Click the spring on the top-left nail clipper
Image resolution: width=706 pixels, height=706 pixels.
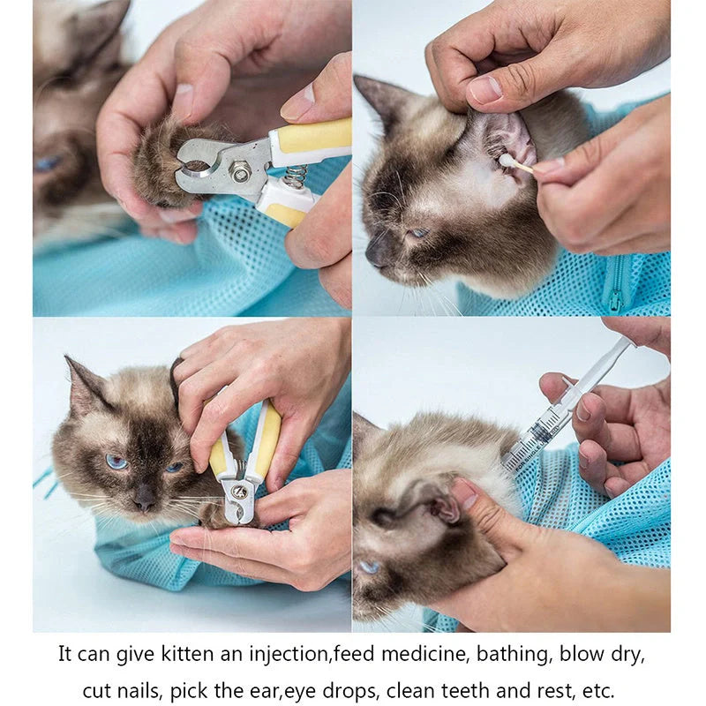(296, 176)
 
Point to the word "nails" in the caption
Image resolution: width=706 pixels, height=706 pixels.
(137, 689)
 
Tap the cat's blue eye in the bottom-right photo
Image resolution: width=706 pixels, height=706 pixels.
(368, 567)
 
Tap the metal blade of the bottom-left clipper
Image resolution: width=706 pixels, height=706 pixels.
(238, 503)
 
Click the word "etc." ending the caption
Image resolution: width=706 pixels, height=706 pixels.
(598, 689)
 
